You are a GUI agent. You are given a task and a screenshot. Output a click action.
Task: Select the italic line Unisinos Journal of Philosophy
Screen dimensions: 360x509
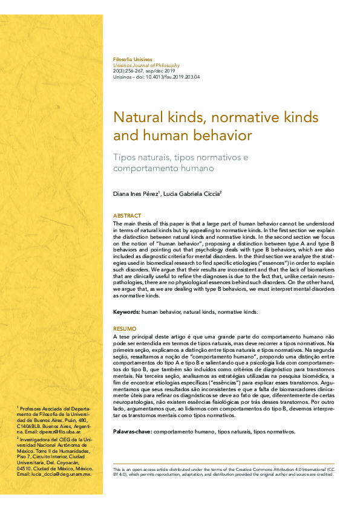[146, 65]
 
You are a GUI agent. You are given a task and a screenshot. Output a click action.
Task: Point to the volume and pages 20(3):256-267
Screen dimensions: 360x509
[132, 71]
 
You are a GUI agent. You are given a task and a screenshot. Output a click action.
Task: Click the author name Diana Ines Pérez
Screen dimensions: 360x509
[137, 193]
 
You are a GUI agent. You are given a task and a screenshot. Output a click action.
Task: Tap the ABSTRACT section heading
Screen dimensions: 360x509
[127, 216]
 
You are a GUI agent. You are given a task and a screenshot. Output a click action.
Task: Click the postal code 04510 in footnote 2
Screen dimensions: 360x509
[24, 468]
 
